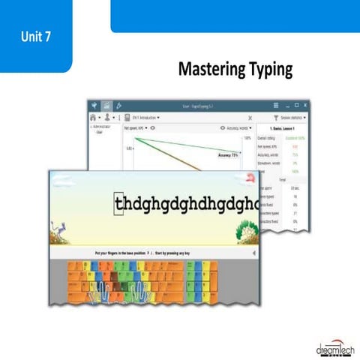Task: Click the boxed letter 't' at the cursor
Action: pyautogui.click(x=118, y=204)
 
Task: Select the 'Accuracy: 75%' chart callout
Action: pyautogui.click(x=228, y=155)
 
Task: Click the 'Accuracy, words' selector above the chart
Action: pyautogui.click(x=233, y=128)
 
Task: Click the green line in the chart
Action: pyautogui.click(x=180, y=147)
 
